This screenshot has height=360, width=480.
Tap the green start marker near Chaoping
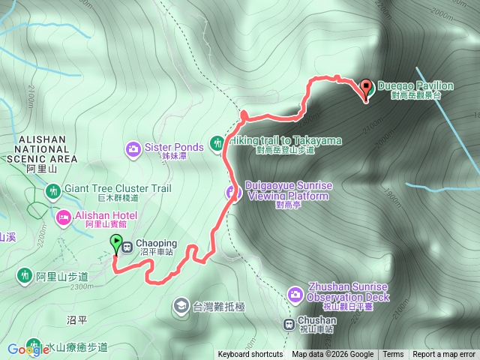coord(116,243)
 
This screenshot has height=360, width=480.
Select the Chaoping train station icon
coord(127,245)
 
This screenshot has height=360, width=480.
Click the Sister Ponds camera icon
coord(133,148)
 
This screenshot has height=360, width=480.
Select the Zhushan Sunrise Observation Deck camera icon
coord(296,293)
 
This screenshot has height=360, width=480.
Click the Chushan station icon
coord(289,324)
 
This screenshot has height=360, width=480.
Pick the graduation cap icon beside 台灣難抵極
coord(181,305)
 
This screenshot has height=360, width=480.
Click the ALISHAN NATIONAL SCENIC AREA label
coord(43,149)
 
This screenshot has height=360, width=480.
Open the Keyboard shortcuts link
coord(250,355)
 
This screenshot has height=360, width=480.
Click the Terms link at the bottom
coord(393,355)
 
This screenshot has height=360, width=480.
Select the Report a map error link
coord(444,355)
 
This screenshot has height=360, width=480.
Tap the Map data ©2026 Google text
coord(333,355)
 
